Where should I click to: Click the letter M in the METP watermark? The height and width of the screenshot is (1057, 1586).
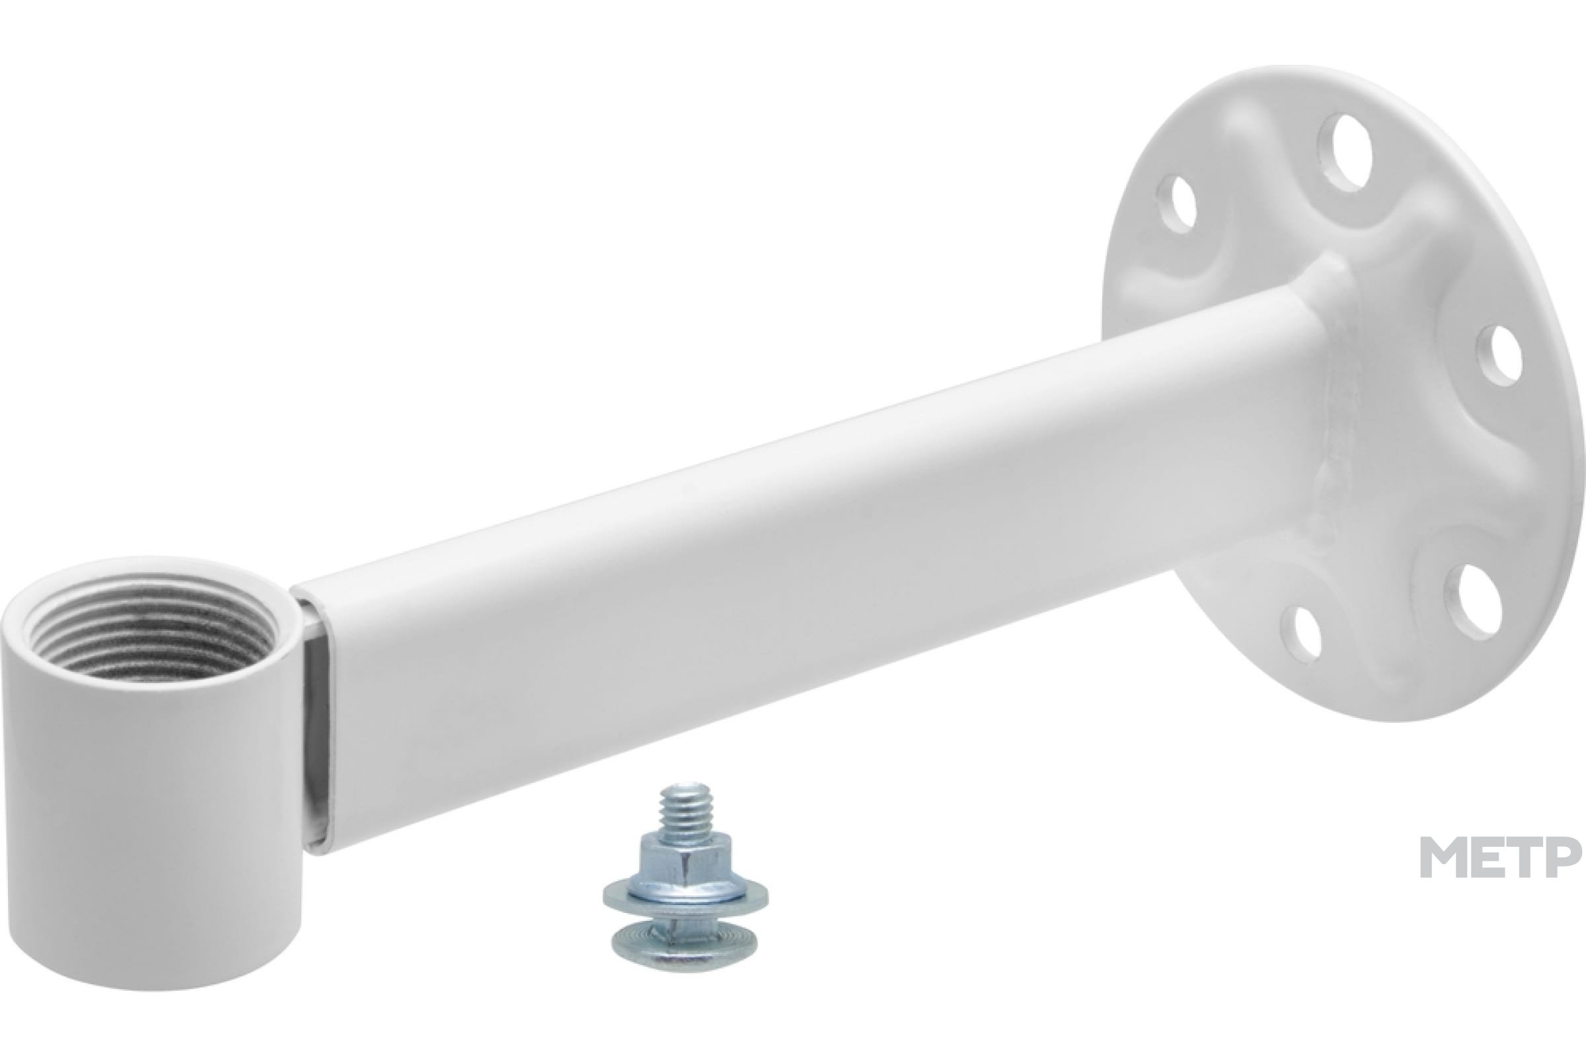1445,857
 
